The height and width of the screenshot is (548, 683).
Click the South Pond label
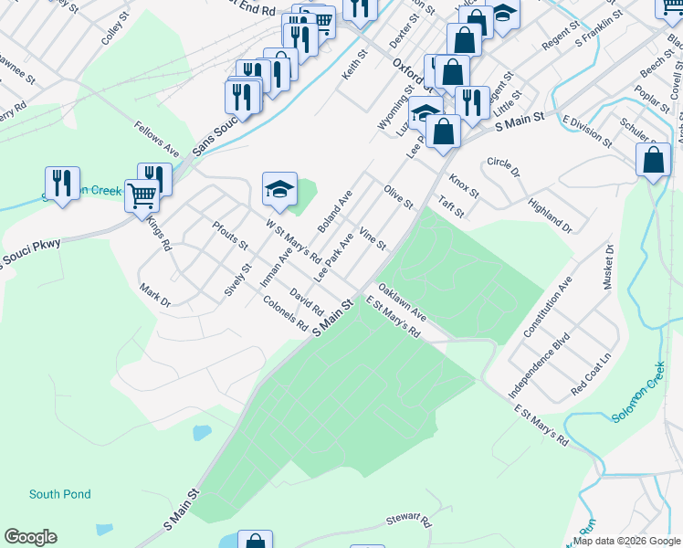60,494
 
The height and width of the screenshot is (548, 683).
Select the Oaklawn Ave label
403,301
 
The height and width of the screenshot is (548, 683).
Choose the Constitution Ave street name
547,308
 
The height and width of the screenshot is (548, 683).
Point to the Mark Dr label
154,296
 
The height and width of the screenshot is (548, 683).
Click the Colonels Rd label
285,313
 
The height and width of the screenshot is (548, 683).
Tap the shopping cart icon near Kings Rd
142,195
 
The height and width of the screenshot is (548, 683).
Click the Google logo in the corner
30,537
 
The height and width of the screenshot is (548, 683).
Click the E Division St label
587,131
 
